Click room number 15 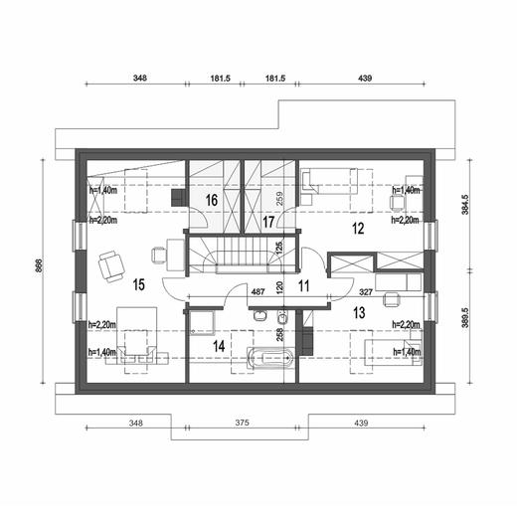click(138, 285)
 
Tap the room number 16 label click(212, 200)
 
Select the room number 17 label click(267, 222)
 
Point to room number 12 click(357, 229)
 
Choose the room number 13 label click(358, 311)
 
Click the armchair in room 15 click(110, 265)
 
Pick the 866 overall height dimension click(37, 270)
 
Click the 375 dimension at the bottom click(241, 424)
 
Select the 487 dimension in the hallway click(257, 292)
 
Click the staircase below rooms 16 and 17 click(242, 252)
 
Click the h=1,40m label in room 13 click(406, 351)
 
